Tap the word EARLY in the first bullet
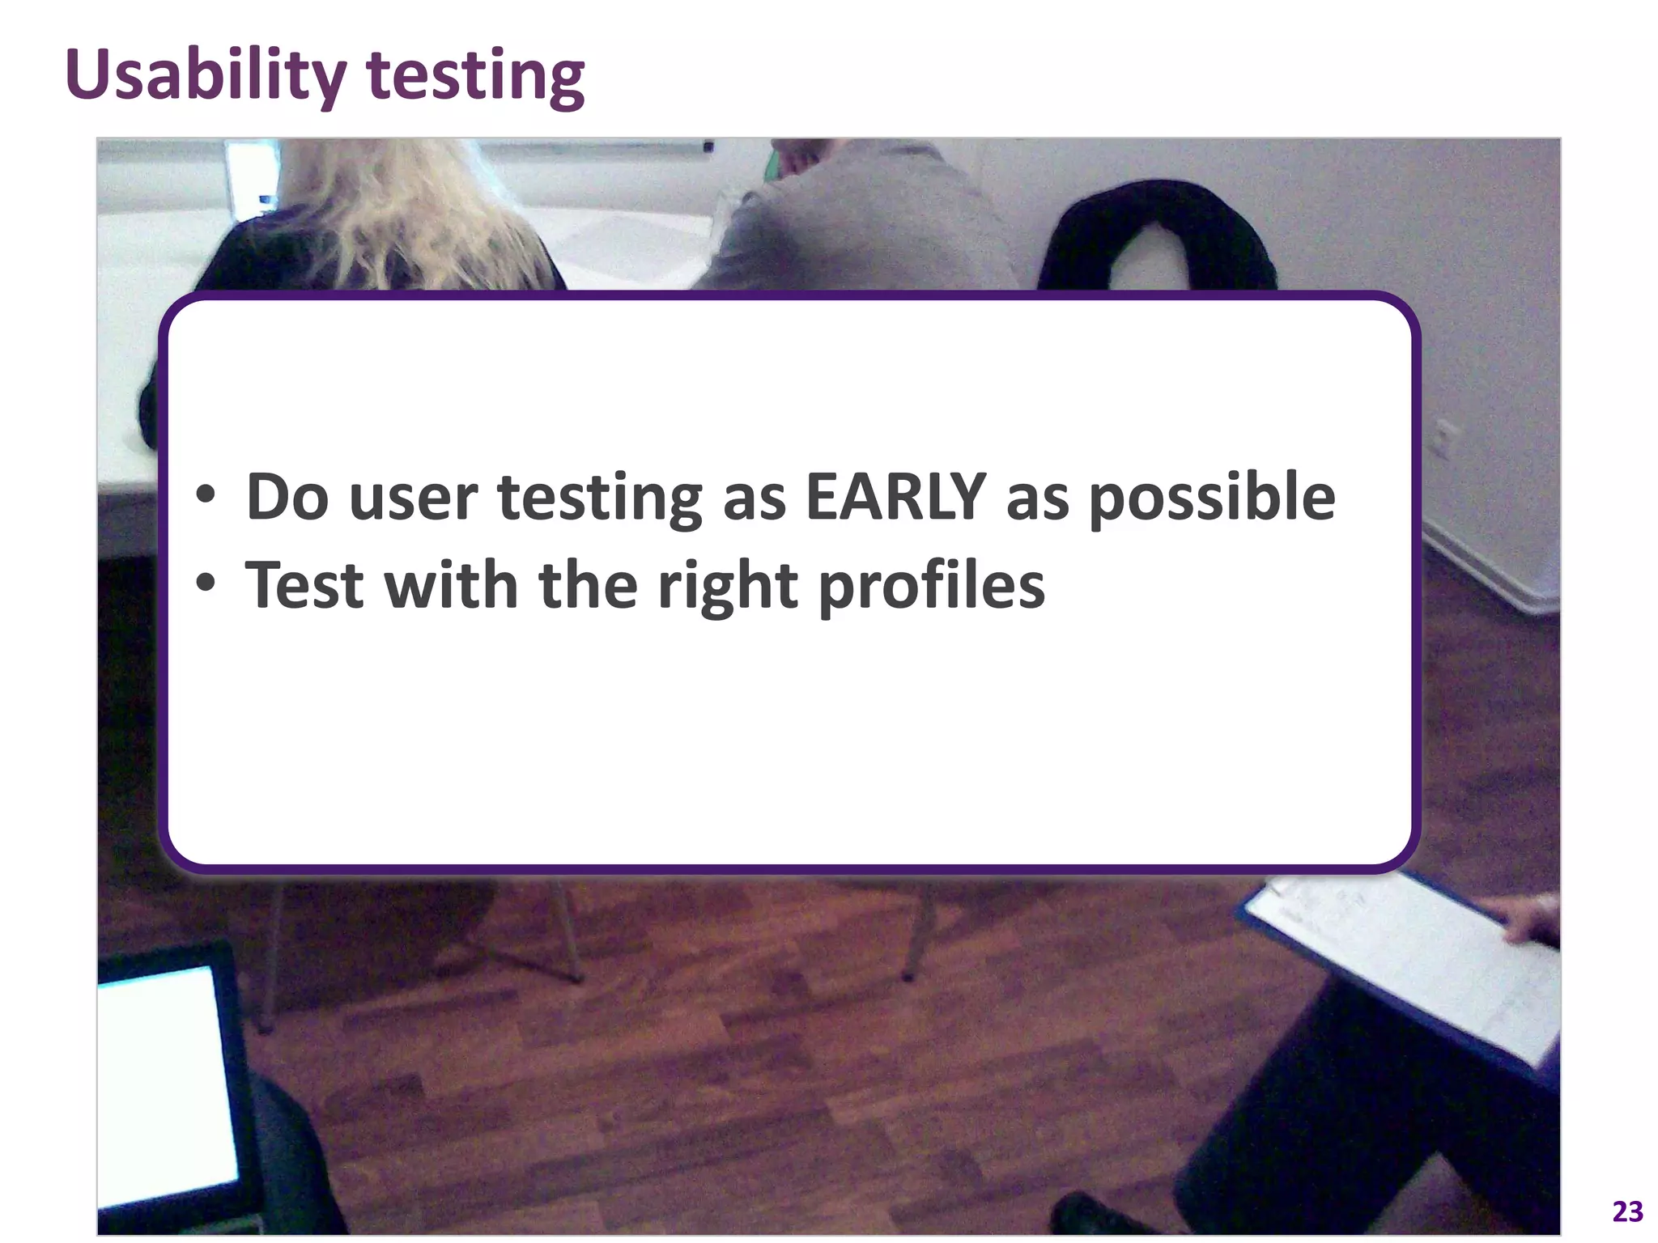(x=895, y=496)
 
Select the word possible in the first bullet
(x=1211, y=498)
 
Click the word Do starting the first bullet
(x=287, y=496)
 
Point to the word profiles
(x=931, y=586)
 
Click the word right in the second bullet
(x=727, y=586)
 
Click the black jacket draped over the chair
(x=1150, y=235)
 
